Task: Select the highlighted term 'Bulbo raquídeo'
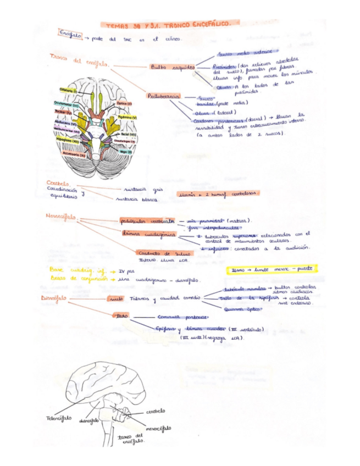pos(172,67)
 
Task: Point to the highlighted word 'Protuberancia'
pos(163,96)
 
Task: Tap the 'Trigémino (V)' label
pos(127,118)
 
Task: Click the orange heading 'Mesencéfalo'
pos(60,217)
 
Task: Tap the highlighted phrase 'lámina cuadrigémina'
pos(141,234)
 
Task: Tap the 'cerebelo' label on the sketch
pos(156,410)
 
